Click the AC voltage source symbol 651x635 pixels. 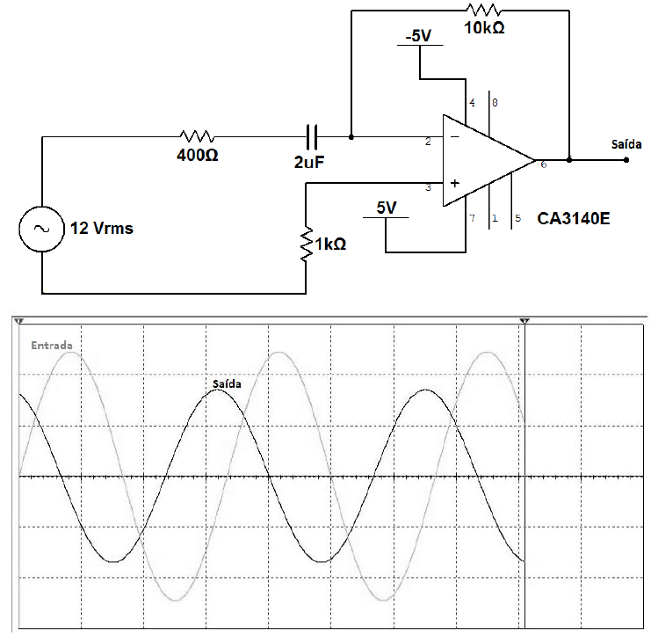coord(40,229)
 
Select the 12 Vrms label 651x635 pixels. coord(103,229)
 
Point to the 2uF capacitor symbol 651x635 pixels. coord(312,137)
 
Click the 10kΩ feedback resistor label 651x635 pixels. coord(484,29)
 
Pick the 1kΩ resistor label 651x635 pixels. coord(329,244)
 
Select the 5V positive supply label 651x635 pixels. coord(387,208)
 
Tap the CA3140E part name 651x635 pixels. coord(575,216)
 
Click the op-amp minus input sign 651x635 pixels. coord(454,137)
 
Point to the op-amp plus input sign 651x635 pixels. coord(454,184)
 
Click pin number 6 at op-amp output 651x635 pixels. coord(543,164)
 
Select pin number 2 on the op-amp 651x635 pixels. coord(428,142)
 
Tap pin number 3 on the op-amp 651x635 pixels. coord(428,187)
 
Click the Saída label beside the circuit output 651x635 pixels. coord(625,144)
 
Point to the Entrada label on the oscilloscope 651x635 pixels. coord(52,345)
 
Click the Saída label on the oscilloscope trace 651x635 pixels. coord(227,383)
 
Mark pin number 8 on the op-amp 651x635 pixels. coord(495,103)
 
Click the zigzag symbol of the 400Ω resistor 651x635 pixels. coord(197,137)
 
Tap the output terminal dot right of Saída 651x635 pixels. coord(626,160)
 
